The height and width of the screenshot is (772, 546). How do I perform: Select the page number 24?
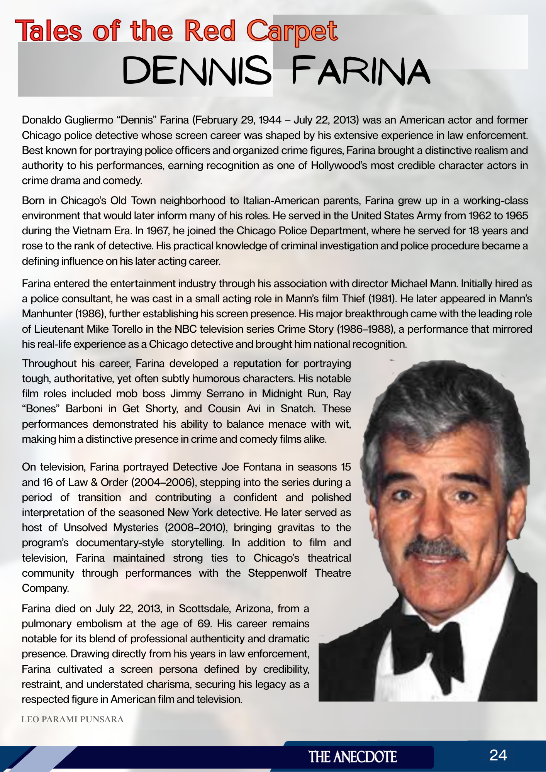click(x=498, y=755)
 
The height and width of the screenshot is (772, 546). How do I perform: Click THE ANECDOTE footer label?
click(x=353, y=757)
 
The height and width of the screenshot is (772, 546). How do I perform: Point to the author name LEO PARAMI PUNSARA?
click(x=72, y=720)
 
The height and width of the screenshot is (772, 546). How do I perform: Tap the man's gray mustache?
click(x=436, y=548)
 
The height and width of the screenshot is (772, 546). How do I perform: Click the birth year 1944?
click(x=270, y=120)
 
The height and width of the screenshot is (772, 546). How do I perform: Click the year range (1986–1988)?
click(x=366, y=329)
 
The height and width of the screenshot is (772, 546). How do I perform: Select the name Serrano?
click(x=225, y=394)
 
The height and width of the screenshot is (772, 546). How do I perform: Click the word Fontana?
click(x=262, y=467)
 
